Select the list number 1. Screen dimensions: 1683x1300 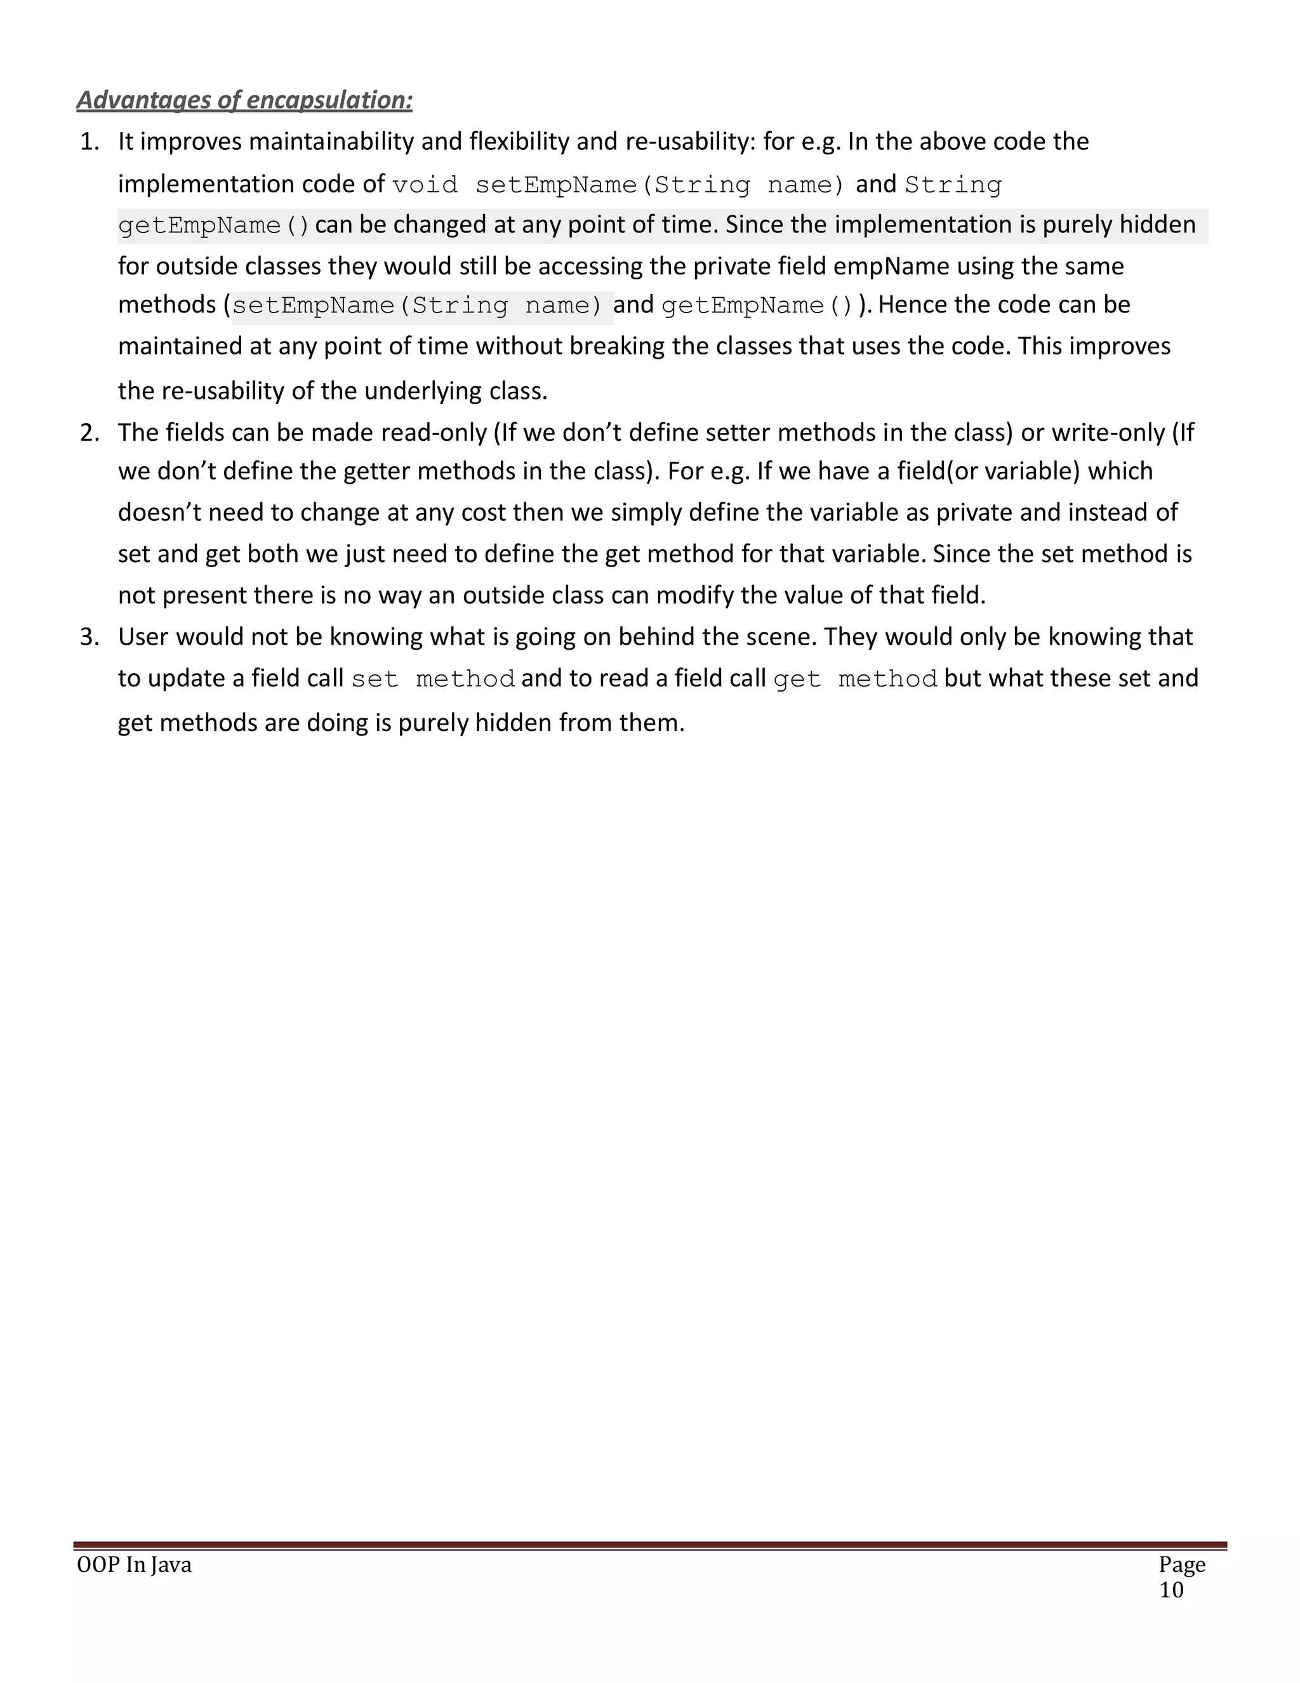(x=90, y=142)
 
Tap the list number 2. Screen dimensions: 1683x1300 (x=90, y=432)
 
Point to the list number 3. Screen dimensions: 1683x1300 (x=90, y=636)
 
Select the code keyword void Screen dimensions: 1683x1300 (x=425, y=185)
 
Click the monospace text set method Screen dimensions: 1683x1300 (x=433, y=679)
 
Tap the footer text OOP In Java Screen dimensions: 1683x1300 (x=134, y=1565)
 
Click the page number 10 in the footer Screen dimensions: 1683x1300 (x=1171, y=1590)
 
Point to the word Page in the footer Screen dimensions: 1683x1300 (x=1181, y=1565)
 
